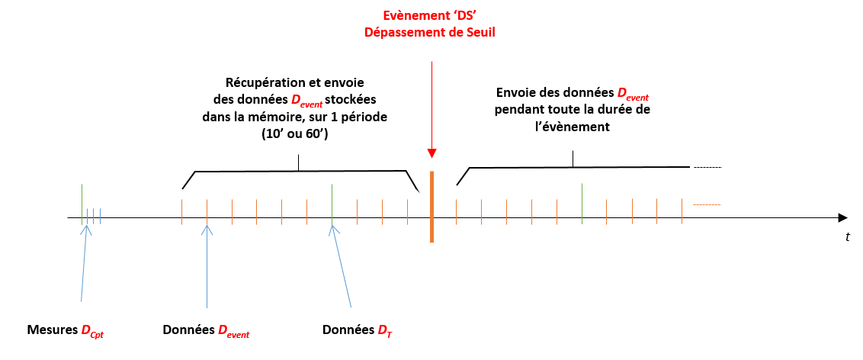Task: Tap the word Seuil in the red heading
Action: pyautogui.click(x=478, y=32)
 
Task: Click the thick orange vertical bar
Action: pyautogui.click(x=431, y=207)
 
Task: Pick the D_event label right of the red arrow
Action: pyautogui.click(x=633, y=95)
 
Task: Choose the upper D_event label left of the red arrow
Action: pyautogui.click(x=307, y=101)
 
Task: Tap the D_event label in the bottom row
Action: pyautogui.click(x=233, y=331)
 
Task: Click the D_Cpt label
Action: pyautogui.click(x=92, y=331)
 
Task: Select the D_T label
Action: pyautogui.click(x=384, y=331)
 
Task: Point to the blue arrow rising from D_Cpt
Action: pyautogui.click(x=85, y=263)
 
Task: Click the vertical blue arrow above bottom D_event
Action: pyautogui.click(x=207, y=267)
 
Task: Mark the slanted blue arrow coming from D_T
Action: pyautogui.click(x=342, y=267)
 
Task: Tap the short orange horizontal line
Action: pyautogui.click(x=707, y=204)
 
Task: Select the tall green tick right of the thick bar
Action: pyautogui.click(x=582, y=203)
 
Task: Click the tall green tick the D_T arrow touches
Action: pyautogui.click(x=332, y=203)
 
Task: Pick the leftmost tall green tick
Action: pyautogui.click(x=82, y=203)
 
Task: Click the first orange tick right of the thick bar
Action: pyautogui.click(x=456, y=212)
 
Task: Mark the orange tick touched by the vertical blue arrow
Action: pyautogui.click(x=207, y=211)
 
